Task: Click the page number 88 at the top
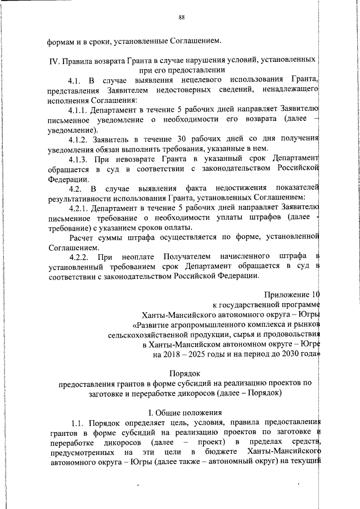pyautogui.click(x=182, y=17)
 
